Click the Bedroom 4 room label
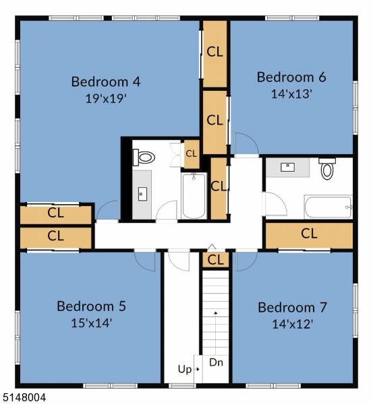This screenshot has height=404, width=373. (106, 82)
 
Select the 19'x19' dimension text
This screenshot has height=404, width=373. (106, 98)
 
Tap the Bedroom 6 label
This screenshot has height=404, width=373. (291, 77)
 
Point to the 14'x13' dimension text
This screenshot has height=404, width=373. (291, 94)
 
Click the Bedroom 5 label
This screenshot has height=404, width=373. (91, 306)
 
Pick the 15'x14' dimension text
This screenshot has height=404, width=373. (91, 323)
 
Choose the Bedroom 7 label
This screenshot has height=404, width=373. (293, 308)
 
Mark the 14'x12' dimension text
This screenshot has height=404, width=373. (293, 323)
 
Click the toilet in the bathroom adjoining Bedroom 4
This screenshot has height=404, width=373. (144, 158)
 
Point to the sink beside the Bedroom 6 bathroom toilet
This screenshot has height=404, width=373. (287, 166)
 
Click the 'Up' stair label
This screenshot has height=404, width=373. (184, 369)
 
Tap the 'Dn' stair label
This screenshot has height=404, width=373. (216, 362)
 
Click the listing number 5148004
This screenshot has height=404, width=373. (24, 398)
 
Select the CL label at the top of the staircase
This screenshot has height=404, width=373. (216, 259)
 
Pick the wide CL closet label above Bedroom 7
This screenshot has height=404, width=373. (309, 234)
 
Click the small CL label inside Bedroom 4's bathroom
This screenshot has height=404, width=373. (192, 154)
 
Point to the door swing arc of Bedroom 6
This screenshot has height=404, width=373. (244, 143)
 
